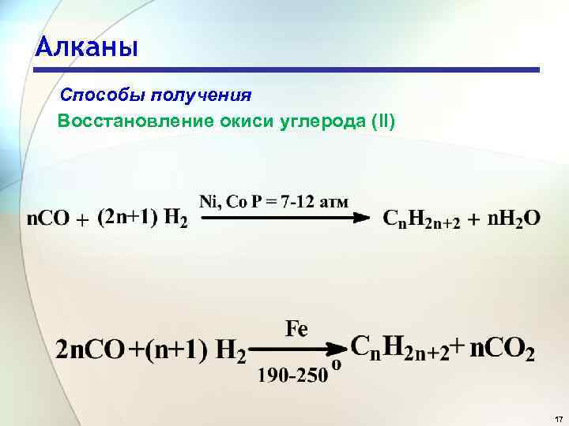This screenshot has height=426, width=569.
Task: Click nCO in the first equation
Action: click(x=48, y=218)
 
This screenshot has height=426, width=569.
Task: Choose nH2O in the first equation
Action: click(x=511, y=218)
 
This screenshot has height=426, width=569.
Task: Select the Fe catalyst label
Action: click(x=297, y=328)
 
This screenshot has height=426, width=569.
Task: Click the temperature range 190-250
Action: click(x=292, y=376)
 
